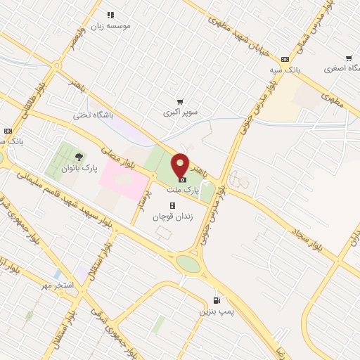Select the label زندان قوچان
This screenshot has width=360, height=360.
coord(173,217)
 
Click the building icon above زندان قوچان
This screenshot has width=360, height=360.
coord(173,205)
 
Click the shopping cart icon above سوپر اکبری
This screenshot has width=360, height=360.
coord(181,101)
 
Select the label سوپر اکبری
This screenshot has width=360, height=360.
coord(181,112)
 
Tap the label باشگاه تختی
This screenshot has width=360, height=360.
coord(94,117)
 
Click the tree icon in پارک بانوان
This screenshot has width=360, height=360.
coord(78,157)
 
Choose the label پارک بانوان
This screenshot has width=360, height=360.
coord(78,169)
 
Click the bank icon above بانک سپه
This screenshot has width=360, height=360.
coord(284,60)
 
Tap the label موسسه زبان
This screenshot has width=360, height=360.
coord(110,25)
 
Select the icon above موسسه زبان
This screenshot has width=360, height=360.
coord(110,14)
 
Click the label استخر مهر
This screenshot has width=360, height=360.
coord(58,285)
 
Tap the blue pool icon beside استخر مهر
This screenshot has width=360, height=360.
coord(58,274)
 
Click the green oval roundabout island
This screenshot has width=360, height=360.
coord(188,264)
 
